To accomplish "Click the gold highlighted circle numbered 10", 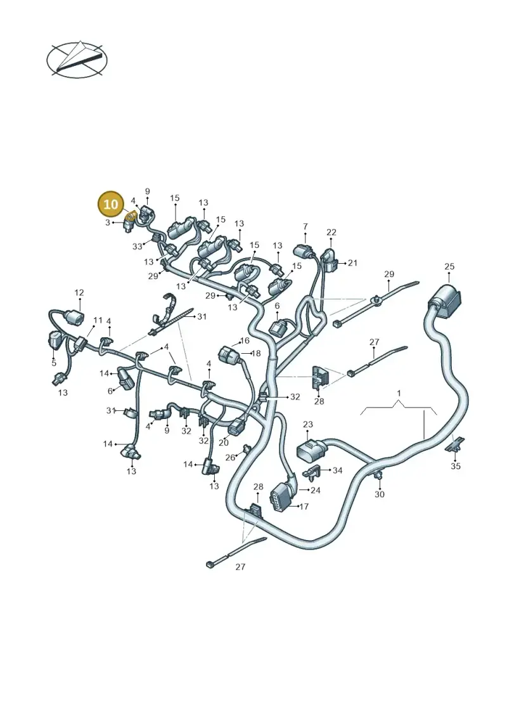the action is click(111, 204).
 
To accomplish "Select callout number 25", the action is click(449, 267).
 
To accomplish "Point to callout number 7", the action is click(305, 226).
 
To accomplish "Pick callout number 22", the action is click(331, 232).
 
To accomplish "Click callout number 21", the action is click(352, 263).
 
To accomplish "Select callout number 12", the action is click(79, 293).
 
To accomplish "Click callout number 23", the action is click(307, 424).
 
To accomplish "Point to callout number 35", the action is click(456, 467).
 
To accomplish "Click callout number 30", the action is click(380, 494).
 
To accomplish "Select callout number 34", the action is click(337, 470).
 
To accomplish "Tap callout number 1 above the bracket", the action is click(399, 393).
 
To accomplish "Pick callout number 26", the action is click(230, 458).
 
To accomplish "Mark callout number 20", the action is click(224, 442).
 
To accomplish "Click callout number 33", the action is click(137, 247).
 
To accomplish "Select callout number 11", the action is click(98, 321).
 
